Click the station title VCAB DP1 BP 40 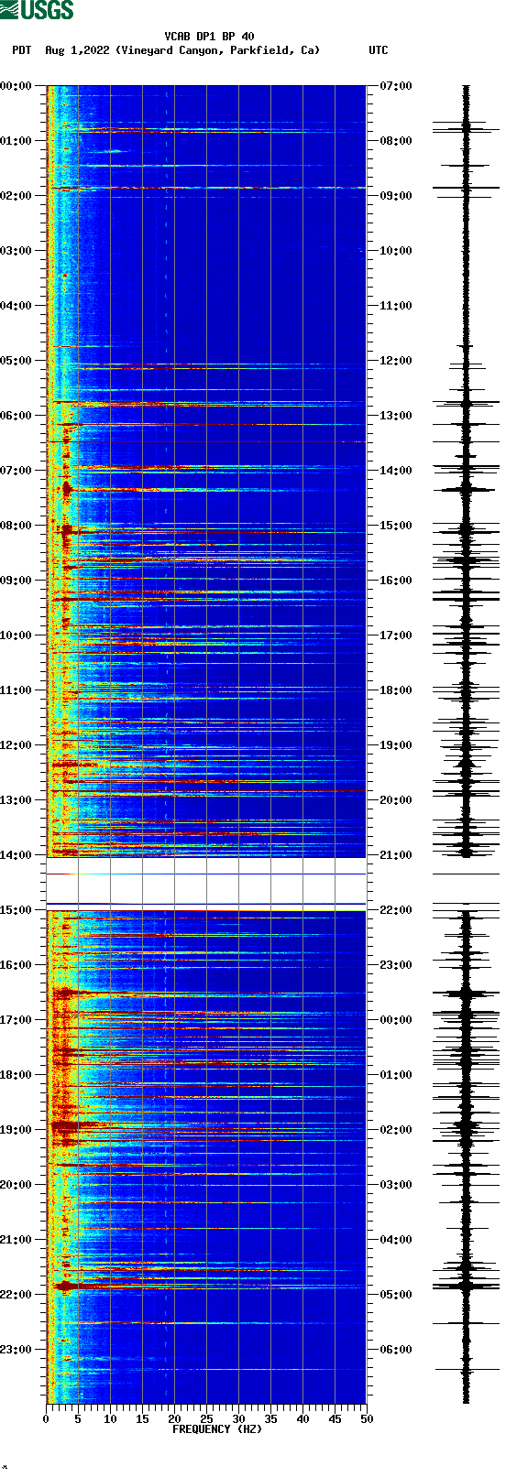209,37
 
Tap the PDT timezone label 21,50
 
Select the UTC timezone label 379,50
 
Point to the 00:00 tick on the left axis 16,86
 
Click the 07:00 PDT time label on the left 16,471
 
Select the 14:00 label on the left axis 16,855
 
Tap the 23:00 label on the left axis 16,1350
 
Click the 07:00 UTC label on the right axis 396,86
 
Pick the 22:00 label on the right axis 396,910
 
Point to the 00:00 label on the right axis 396,1020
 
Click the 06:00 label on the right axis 396,1350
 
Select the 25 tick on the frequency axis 206,1419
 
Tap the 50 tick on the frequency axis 367,1419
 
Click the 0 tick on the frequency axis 46,1419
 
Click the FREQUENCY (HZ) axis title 217,1429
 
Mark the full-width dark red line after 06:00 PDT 206,442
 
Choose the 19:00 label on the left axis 16,1130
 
